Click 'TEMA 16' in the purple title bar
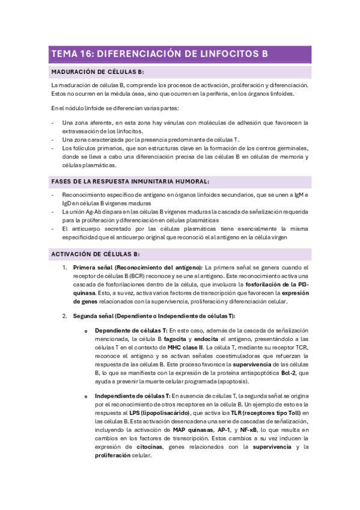[69, 54]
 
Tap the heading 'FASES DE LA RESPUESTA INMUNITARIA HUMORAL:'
[130, 181]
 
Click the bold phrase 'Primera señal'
[93, 267]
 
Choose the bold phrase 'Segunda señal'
[93, 316]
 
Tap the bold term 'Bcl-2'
[288, 373]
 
